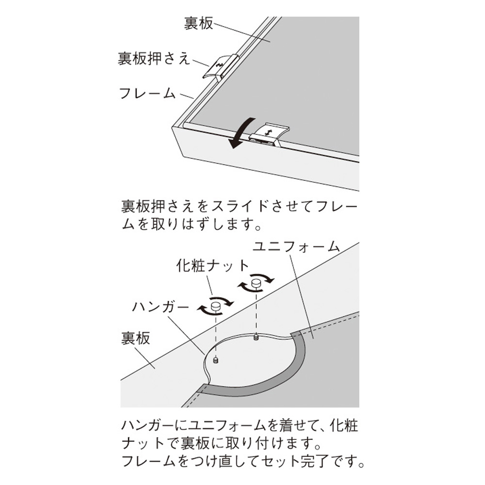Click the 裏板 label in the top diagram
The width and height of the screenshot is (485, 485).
[x=198, y=23]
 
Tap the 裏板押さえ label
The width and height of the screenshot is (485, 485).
[x=153, y=58]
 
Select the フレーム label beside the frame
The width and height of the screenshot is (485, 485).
[x=147, y=94]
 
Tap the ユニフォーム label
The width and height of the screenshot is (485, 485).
[x=296, y=247]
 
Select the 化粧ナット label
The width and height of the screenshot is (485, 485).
[x=213, y=266]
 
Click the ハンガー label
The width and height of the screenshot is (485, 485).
[x=160, y=307]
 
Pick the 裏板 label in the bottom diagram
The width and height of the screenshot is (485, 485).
[x=135, y=338]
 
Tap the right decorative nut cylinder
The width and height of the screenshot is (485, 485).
[x=256, y=284]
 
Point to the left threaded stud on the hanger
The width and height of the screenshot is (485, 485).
[x=216, y=360]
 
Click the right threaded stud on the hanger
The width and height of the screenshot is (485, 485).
[x=256, y=337]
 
